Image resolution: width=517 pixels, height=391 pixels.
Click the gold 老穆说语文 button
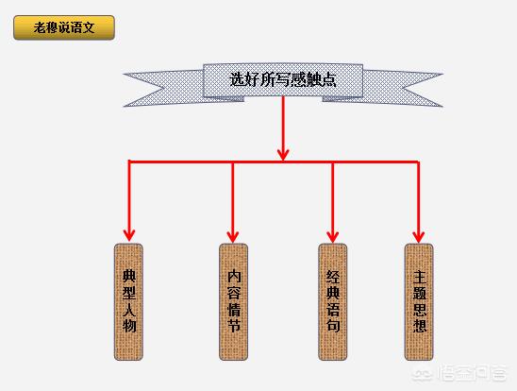click(x=64, y=27)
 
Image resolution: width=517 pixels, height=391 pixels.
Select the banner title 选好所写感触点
click(x=283, y=80)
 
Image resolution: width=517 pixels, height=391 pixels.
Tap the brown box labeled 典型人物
click(x=128, y=302)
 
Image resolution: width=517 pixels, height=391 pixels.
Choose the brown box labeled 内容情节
click(x=233, y=302)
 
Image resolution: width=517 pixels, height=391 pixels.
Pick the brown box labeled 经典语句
click(x=333, y=302)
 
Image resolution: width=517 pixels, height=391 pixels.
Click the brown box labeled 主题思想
click(x=419, y=302)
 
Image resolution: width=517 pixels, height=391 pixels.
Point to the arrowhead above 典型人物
click(x=129, y=235)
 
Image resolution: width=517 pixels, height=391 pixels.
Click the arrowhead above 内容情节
click(x=233, y=236)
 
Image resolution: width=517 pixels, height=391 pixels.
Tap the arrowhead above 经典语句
click(x=333, y=236)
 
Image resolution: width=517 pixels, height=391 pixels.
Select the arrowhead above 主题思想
click(x=419, y=236)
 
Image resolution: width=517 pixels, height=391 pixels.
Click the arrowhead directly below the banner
click(x=283, y=155)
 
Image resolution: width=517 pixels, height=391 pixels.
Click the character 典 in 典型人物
click(x=129, y=276)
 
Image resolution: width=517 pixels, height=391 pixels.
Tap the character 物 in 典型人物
click(x=129, y=326)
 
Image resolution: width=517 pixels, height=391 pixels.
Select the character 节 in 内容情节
click(x=234, y=326)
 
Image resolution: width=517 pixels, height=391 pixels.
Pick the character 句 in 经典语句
click(x=333, y=326)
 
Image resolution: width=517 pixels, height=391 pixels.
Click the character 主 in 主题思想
click(x=420, y=277)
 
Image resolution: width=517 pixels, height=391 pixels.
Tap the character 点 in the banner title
click(x=328, y=80)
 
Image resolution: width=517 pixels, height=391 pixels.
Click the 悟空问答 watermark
click(x=460, y=373)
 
